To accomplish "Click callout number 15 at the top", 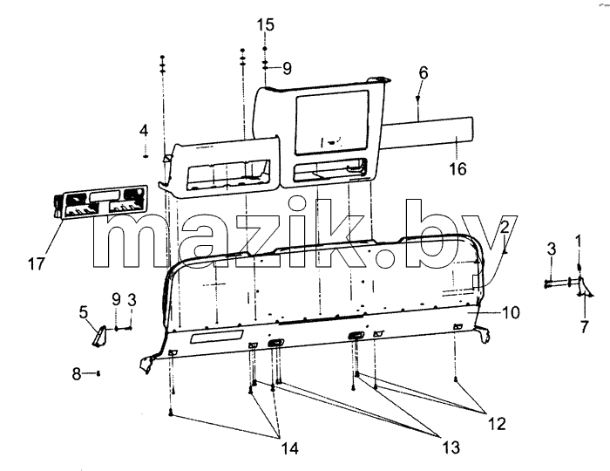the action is (265, 24).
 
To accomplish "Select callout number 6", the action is (424, 72).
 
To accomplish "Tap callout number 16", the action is (457, 168).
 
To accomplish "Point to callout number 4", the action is (144, 131).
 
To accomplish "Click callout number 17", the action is (37, 264).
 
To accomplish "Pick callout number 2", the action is (505, 228).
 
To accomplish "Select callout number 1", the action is (578, 242).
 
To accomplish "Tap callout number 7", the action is (585, 326).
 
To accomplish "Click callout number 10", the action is (511, 312).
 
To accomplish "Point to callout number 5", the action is (84, 312).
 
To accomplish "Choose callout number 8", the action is (77, 373).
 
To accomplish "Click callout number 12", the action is (497, 424).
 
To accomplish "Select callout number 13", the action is (451, 447).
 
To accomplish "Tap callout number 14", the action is (290, 448).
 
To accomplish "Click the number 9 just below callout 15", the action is (287, 69).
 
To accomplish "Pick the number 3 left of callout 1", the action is (552, 249).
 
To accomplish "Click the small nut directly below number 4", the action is (146, 156).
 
